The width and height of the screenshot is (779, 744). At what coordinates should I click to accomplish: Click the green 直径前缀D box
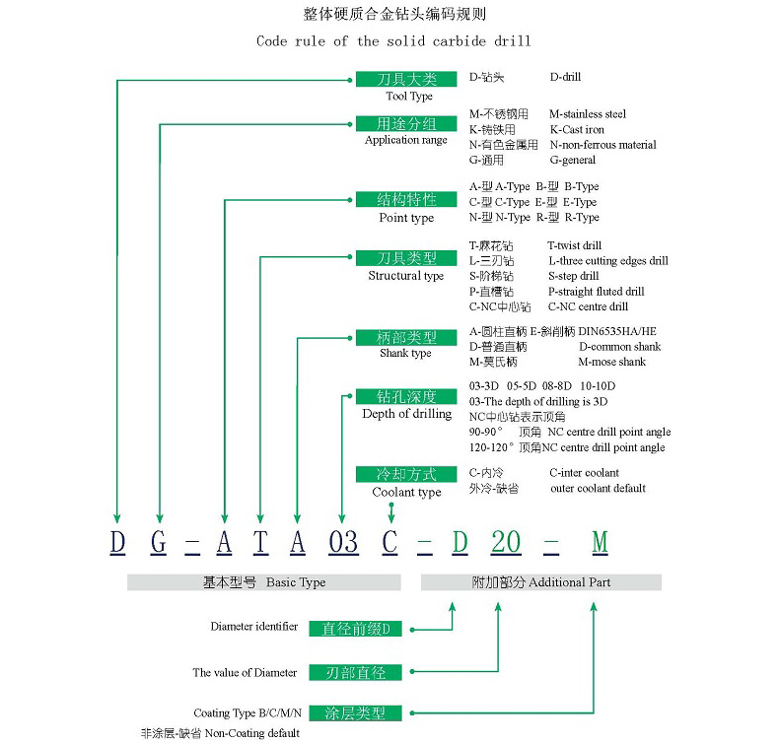point(356,628)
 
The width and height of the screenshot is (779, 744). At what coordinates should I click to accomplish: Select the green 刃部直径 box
point(356,672)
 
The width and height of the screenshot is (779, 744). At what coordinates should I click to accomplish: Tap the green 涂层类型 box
point(356,712)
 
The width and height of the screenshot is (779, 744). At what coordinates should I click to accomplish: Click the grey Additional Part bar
point(540,582)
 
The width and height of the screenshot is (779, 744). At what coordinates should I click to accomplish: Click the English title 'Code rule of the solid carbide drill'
point(393,41)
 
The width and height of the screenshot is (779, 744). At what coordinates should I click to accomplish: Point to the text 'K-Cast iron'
point(577,130)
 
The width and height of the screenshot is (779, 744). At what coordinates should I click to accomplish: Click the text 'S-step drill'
point(574,276)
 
